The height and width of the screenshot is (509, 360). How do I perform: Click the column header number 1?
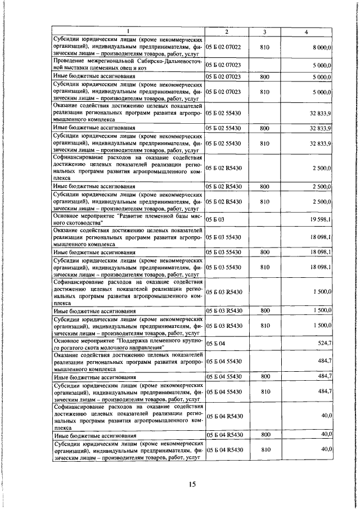click(128, 32)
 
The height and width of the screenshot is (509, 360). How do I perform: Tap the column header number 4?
click(305, 32)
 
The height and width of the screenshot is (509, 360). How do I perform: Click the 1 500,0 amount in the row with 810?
click(323, 326)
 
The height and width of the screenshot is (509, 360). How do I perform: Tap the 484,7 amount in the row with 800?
click(325, 375)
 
